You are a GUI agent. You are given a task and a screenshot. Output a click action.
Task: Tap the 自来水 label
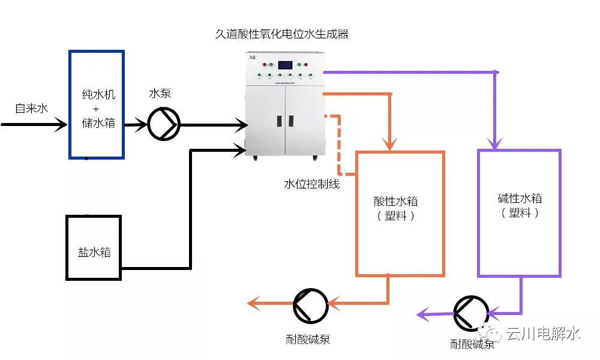pyautogui.click(x=31, y=109)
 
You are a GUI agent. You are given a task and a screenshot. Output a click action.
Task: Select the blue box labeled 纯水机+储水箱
pyautogui.click(x=97, y=104)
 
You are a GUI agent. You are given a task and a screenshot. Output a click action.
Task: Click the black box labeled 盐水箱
pyautogui.click(x=94, y=248)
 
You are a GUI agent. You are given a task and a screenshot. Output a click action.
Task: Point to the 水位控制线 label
pyautogui.click(x=311, y=184)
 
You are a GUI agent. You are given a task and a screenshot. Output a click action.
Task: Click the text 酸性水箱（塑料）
pyautogui.click(x=400, y=208)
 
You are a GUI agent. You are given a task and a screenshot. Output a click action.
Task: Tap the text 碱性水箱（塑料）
pyautogui.click(x=519, y=205)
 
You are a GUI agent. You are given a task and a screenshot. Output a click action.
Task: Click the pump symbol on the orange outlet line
pyautogui.click(x=311, y=305)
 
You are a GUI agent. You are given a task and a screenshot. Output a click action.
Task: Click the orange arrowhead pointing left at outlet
pyautogui.click(x=254, y=304)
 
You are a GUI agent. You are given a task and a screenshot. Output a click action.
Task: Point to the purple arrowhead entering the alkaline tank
pyautogui.click(x=494, y=143)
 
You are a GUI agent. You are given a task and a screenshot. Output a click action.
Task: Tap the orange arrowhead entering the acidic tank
pyautogui.click(x=391, y=145)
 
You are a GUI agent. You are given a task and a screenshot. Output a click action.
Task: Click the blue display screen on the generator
pyautogui.click(x=285, y=65)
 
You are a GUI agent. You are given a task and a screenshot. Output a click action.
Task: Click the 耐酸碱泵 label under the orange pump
pyautogui.click(x=308, y=340)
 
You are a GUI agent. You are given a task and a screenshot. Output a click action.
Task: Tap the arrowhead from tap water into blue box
pyautogui.click(x=61, y=125)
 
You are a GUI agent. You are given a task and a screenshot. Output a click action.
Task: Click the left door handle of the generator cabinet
pyautogui.click(x=278, y=120)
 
